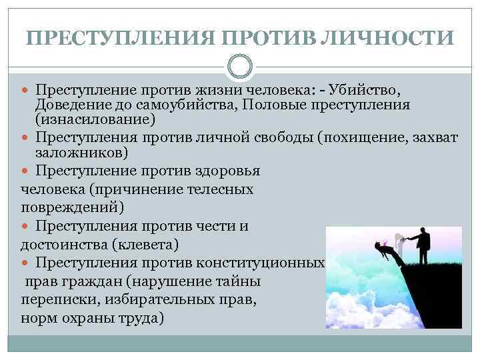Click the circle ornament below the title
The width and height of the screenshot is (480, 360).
[x=240, y=67]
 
